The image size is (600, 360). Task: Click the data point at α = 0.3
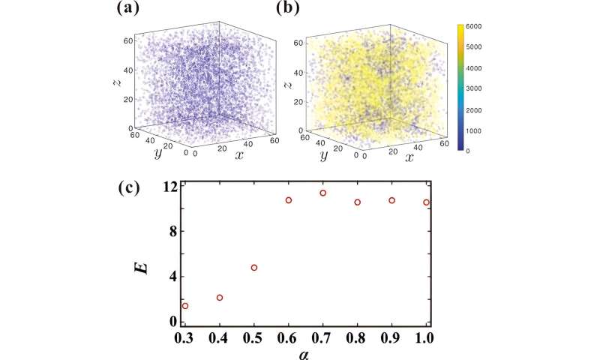pos(185,306)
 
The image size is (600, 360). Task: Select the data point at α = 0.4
pos(220,298)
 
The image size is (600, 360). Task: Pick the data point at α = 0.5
pos(254,268)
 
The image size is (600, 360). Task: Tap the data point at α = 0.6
pos(289,200)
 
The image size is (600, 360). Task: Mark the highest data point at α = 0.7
pos(323,193)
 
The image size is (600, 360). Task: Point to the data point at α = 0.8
pos(358,202)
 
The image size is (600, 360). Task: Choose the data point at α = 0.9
pos(392,200)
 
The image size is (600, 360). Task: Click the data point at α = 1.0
pos(426,202)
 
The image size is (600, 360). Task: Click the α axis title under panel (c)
pos(304,352)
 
